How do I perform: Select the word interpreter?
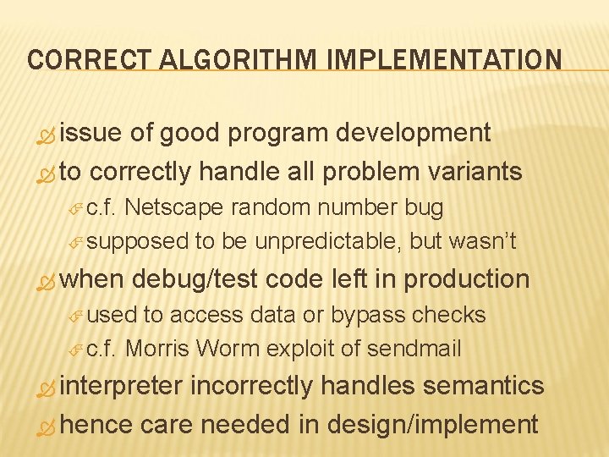(122, 386)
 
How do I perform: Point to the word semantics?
(483, 386)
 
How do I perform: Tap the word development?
(414, 133)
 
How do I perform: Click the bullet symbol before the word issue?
(47, 135)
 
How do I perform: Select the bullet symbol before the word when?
(47, 281)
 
